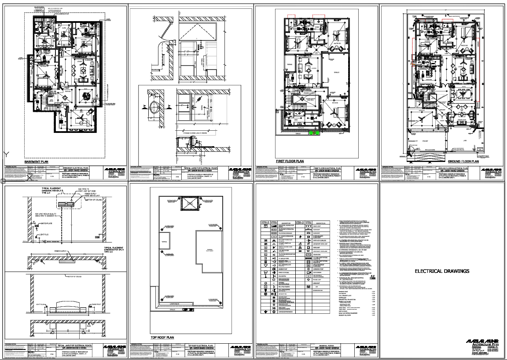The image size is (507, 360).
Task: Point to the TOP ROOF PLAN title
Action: (x=162, y=338)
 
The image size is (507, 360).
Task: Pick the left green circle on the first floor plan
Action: (x=311, y=131)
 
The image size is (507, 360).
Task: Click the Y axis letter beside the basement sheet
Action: (x=6, y=154)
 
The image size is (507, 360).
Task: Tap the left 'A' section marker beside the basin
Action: (x=145, y=107)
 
